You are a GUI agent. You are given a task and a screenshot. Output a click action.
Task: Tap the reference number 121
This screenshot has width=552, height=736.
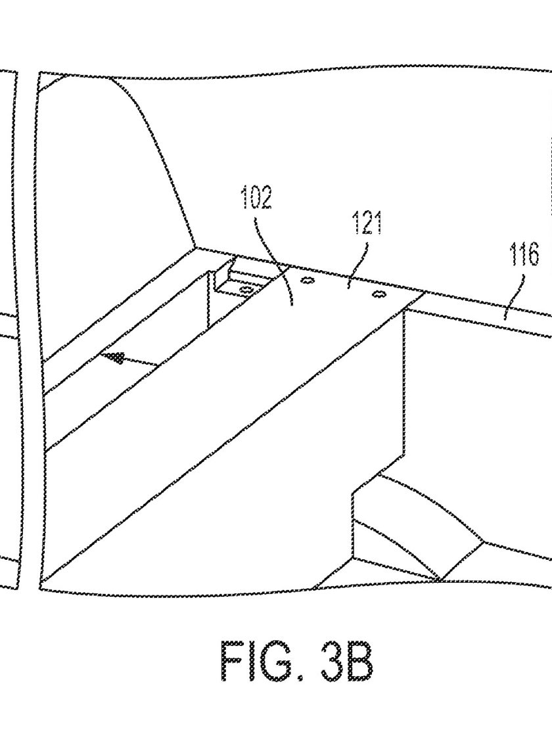(367, 223)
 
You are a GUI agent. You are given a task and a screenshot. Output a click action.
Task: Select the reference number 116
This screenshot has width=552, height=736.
(524, 256)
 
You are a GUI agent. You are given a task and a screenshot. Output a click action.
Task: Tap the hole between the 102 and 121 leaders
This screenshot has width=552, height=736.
(307, 281)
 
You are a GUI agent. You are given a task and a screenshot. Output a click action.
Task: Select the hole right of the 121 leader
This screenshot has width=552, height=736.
(379, 295)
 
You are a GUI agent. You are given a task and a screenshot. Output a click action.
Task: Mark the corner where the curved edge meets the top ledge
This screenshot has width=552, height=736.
(196, 247)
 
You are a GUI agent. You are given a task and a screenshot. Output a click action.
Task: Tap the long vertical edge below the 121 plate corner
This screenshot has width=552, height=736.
(404, 380)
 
